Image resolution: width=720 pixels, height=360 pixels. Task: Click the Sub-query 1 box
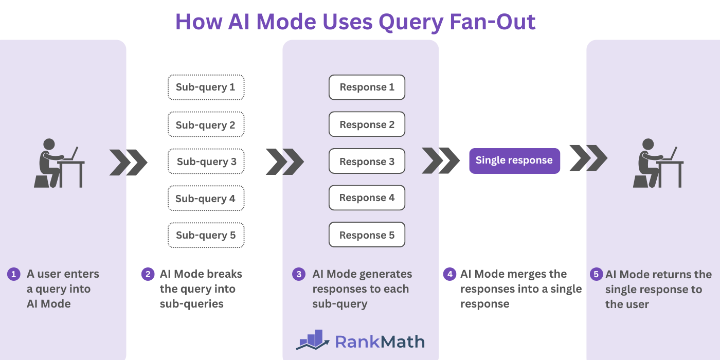206,87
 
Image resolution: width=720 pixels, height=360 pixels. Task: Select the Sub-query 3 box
206,161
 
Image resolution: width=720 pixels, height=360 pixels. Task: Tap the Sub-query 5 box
206,235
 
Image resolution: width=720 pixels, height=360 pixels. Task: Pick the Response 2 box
367,124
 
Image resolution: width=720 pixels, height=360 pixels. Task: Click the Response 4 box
367,198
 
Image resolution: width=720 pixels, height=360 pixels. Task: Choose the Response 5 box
367,235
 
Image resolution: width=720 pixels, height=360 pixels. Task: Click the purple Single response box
514,160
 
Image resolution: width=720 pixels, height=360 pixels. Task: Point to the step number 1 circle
13,274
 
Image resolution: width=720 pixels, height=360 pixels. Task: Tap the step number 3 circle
299,274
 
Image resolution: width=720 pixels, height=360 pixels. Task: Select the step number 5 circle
597,274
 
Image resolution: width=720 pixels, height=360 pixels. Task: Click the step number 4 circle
449,274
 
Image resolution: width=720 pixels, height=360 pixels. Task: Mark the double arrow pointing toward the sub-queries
128,163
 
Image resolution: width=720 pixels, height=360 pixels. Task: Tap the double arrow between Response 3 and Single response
440,160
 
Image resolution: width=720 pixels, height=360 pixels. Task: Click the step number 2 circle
148,274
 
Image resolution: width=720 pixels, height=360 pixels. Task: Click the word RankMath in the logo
380,341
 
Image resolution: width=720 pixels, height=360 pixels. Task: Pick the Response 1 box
367,87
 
